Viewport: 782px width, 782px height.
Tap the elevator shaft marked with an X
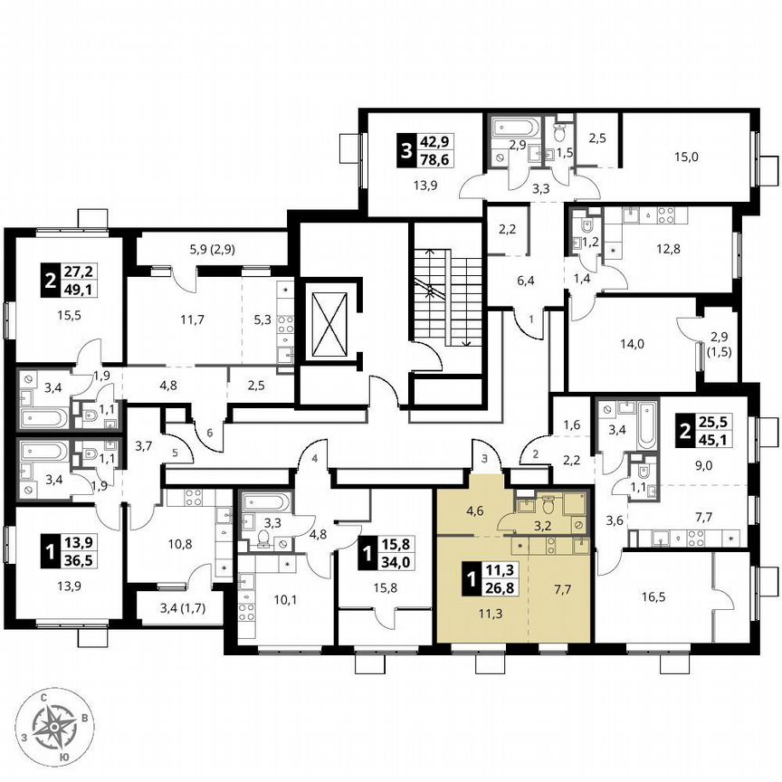coord(328,321)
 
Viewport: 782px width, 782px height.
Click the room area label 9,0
coord(703,468)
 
